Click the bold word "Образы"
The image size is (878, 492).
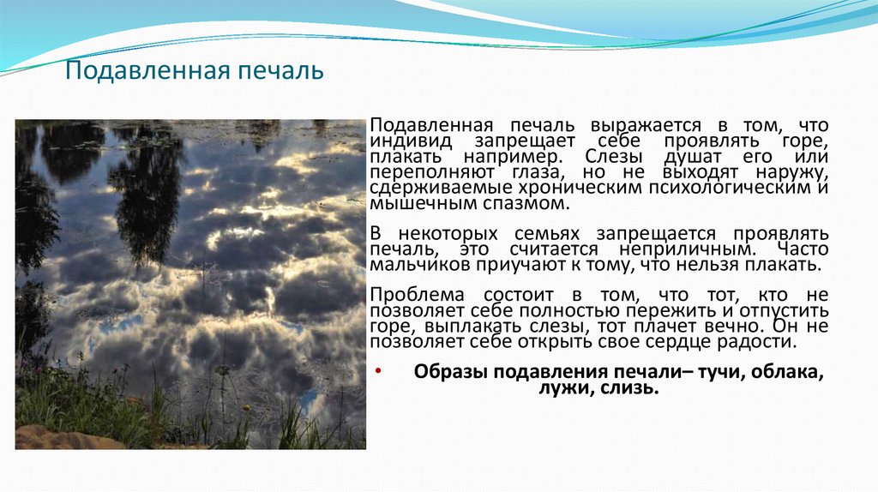[x=446, y=372]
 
